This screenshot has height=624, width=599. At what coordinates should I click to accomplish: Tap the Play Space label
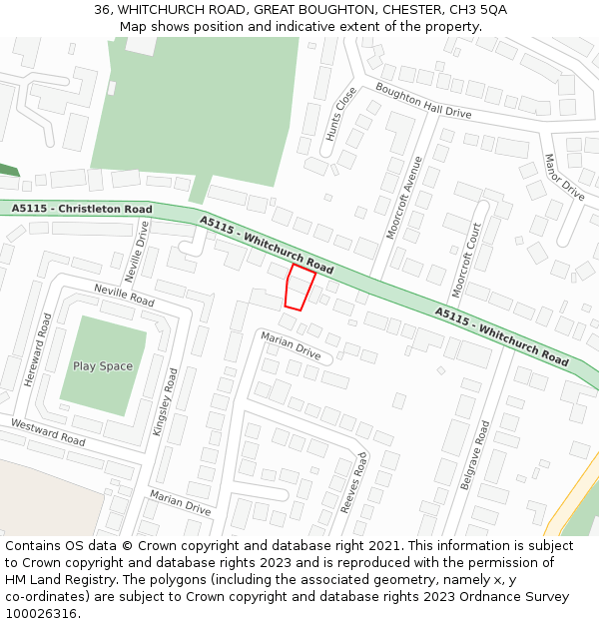pos(103,366)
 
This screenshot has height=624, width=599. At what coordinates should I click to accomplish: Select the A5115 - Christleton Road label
pos(83,209)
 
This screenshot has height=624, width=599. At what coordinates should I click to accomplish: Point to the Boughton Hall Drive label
pos(422,101)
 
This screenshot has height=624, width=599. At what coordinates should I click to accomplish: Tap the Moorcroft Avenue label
pos(404,197)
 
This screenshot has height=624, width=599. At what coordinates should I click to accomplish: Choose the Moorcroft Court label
pos(466,260)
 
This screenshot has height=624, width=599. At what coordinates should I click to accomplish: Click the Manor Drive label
pos(564,177)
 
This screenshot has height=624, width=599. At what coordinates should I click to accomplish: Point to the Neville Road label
pos(125,295)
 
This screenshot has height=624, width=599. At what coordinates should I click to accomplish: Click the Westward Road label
pos(48,431)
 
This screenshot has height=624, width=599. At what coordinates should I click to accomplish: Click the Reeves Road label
pos(353,482)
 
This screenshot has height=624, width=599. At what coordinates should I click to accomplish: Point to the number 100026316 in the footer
pos(40,614)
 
